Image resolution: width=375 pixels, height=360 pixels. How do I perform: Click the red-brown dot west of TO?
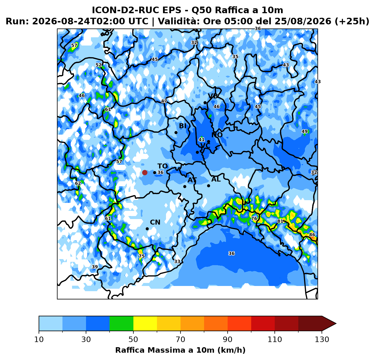[x=145, y=172]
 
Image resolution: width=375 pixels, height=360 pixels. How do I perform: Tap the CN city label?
[x=155, y=222]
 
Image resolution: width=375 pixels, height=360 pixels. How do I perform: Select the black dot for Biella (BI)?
[x=176, y=132]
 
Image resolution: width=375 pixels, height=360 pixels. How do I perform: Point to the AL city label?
[x=216, y=179]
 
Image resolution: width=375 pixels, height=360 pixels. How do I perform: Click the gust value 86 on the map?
[x=312, y=235]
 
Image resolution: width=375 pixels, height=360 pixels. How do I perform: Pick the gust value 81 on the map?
[x=280, y=221]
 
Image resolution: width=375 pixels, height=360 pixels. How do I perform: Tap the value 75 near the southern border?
[x=142, y=256]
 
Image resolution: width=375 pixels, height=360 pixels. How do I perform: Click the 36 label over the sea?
[x=231, y=253]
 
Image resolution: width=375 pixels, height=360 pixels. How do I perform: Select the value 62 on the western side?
[x=78, y=183]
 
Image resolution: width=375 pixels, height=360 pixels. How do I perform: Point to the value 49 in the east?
[x=305, y=131]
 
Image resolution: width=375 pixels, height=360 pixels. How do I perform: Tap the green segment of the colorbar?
[x=121, y=323]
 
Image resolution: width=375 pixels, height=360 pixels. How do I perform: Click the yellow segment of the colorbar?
[x=145, y=323]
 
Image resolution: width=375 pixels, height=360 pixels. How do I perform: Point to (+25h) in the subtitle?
[x=352, y=21]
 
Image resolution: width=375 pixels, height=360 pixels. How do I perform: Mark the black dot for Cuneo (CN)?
[x=147, y=229]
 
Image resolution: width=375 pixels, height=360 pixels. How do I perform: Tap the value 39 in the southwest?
[x=95, y=267]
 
